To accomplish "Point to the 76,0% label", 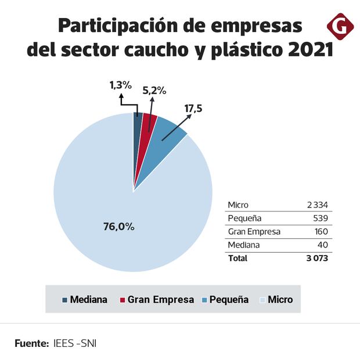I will [x=118, y=227].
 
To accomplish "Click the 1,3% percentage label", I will [x=121, y=85].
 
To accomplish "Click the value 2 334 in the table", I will [x=318, y=205].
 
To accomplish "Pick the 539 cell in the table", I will [x=322, y=218].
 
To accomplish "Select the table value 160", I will [x=322, y=231].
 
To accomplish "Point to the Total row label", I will [x=237, y=258].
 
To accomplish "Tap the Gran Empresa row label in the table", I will [x=254, y=231].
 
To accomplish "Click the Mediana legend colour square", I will [x=65, y=300].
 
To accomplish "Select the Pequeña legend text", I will [x=229, y=300].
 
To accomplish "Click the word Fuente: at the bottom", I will [x=31, y=343].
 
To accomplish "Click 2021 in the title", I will [x=311, y=49].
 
